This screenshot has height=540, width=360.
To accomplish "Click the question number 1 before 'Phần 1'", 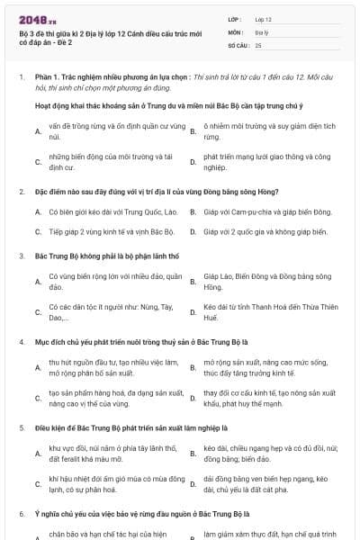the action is [x=21, y=78].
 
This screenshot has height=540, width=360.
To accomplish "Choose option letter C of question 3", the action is [x=37, y=313].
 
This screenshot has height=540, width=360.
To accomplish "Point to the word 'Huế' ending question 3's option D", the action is [x=211, y=319].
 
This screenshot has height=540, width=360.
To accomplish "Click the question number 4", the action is [x=21, y=344].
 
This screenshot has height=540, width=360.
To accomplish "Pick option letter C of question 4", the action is [x=37, y=399].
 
